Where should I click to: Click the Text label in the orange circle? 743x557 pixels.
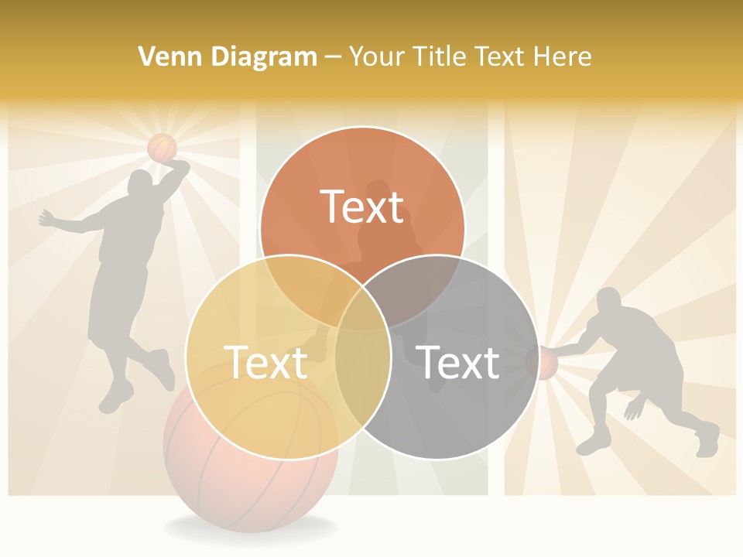(x=362, y=207)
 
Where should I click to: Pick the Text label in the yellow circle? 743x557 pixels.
(x=265, y=362)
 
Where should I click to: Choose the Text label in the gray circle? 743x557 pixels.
(x=458, y=362)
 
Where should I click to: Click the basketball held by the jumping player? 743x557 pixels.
(x=163, y=147)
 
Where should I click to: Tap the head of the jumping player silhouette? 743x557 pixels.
(x=140, y=184)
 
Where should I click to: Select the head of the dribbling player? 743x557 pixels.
(x=609, y=300)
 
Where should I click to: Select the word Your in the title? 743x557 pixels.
(x=375, y=56)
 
